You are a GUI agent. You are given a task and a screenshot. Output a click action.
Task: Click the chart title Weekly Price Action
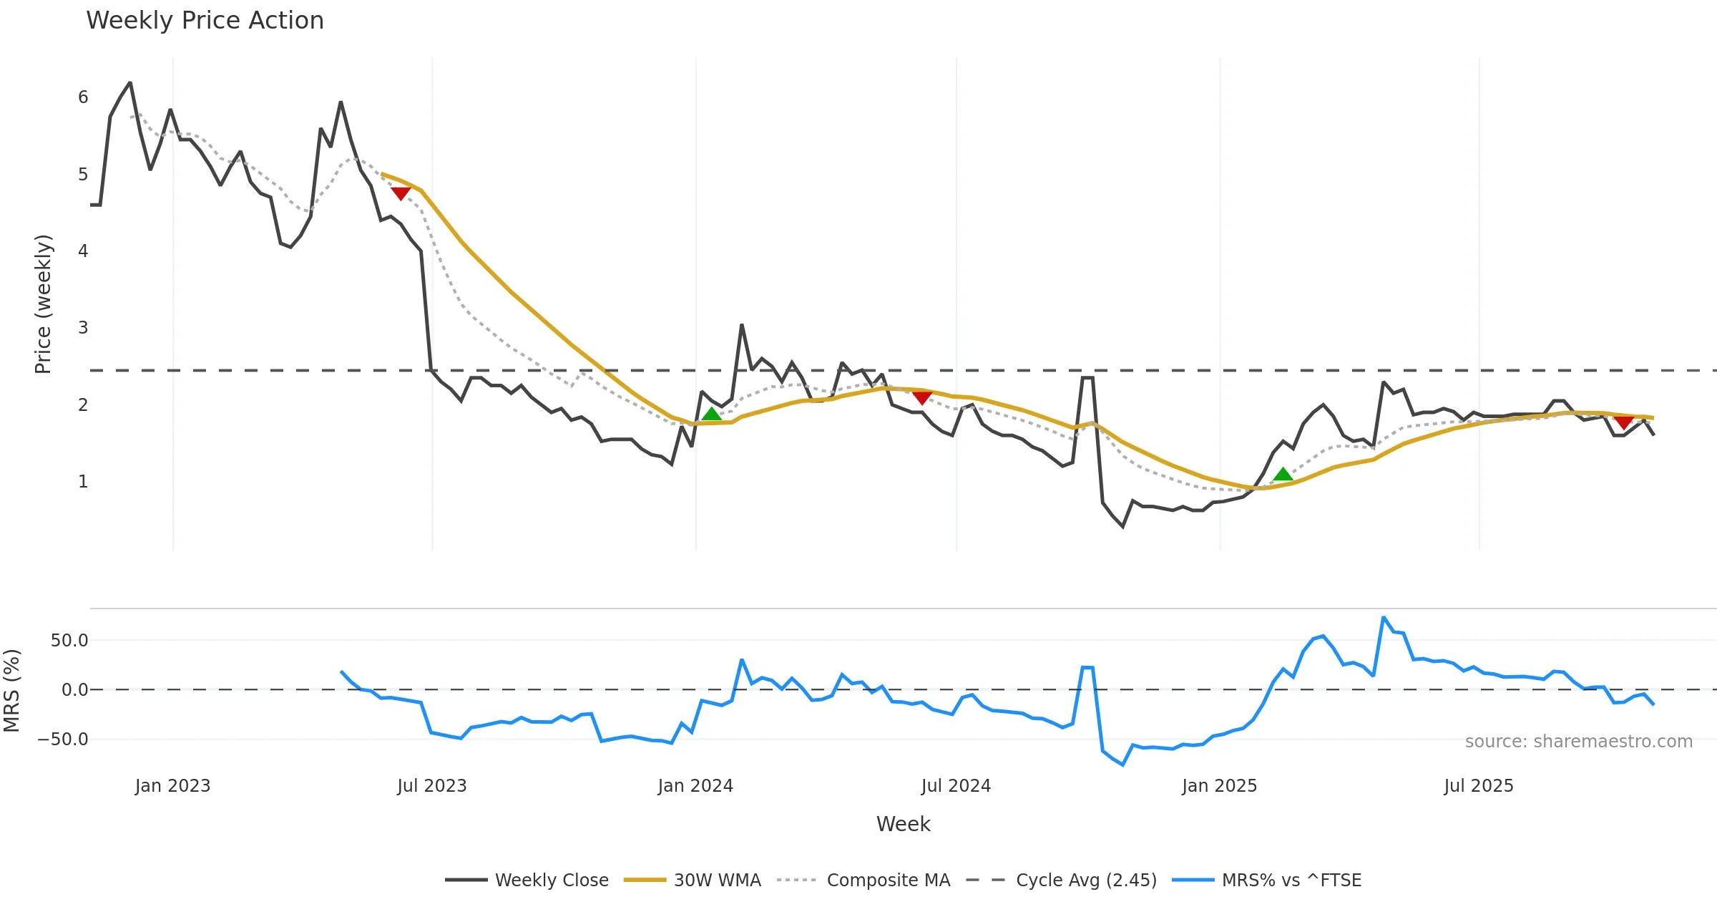click(x=205, y=21)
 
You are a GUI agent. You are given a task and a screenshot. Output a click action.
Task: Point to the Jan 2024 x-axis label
click(x=695, y=786)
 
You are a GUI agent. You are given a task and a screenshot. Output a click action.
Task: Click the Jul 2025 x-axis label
click(x=1479, y=786)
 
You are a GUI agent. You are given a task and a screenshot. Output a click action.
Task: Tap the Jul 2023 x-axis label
click(x=432, y=786)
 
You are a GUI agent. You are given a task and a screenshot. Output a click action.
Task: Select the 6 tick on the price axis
click(x=83, y=97)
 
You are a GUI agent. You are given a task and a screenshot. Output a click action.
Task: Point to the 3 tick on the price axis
click(x=83, y=328)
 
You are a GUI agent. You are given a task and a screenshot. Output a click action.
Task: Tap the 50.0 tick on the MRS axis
click(x=69, y=641)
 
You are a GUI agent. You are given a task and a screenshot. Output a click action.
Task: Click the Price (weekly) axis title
click(x=43, y=304)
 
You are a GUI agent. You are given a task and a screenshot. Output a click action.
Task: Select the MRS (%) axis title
click(x=12, y=691)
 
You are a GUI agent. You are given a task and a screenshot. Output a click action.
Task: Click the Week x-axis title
click(x=903, y=825)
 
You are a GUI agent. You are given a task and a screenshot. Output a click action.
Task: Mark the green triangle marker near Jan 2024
click(x=711, y=414)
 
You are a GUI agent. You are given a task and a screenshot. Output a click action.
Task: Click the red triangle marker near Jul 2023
click(x=401, y=193)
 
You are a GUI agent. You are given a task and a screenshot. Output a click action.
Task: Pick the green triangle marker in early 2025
click(x=1283, y=474)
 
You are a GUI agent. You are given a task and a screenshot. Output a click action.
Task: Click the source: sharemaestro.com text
click(x=1578, y=742)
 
